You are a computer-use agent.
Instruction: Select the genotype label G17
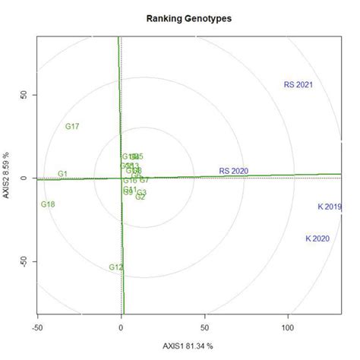[x=72, y=126]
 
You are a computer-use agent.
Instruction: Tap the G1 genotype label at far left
[x=62, y=174]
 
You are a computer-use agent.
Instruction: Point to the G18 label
[x=48, y=204]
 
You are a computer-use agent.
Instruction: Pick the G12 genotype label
[x=115, y=267]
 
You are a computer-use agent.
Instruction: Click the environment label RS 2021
[x=298, y=84]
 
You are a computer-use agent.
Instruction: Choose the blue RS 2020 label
[x=234, y=170]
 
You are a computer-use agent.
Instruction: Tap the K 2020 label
[x=317, y=238]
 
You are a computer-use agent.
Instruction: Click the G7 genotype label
[x=144, y=180]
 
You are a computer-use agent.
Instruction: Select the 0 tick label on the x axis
[x=122, y=327]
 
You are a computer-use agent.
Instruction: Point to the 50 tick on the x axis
[x=204, y=327]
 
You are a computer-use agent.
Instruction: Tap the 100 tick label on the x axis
[x=288, y=327]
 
